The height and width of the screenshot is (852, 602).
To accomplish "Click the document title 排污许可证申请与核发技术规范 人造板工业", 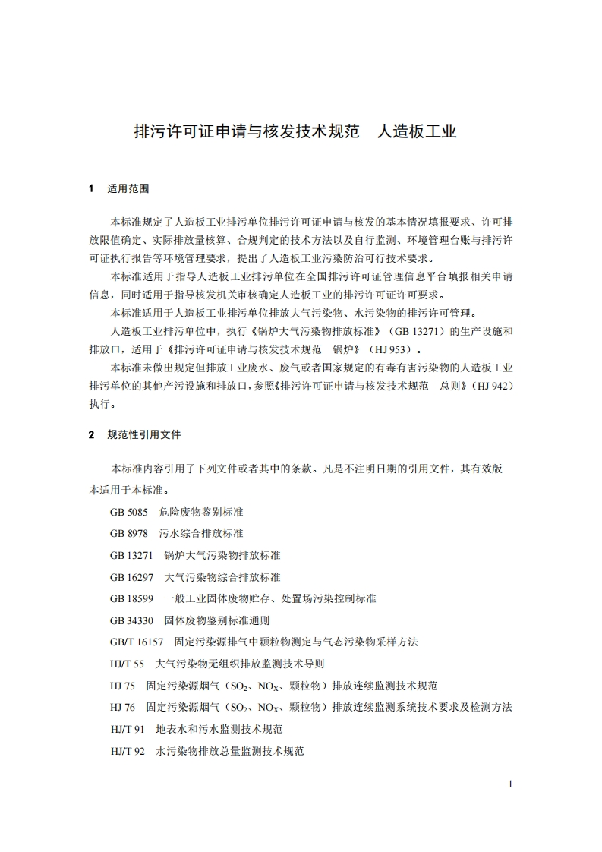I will [295, 131].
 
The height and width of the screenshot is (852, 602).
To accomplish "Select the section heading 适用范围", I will [128, 188].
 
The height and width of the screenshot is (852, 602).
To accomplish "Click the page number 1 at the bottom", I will [511, 784].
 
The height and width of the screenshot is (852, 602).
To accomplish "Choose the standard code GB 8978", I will [128, 533].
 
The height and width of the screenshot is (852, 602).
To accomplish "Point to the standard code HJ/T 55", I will [127, 664].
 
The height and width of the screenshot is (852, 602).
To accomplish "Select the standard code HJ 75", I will [122, 686].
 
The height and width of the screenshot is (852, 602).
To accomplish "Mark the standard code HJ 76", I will [122, 707].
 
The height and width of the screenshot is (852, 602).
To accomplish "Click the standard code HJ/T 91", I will [127, 729].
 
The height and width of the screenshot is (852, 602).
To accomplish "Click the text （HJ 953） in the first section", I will [393, 349].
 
